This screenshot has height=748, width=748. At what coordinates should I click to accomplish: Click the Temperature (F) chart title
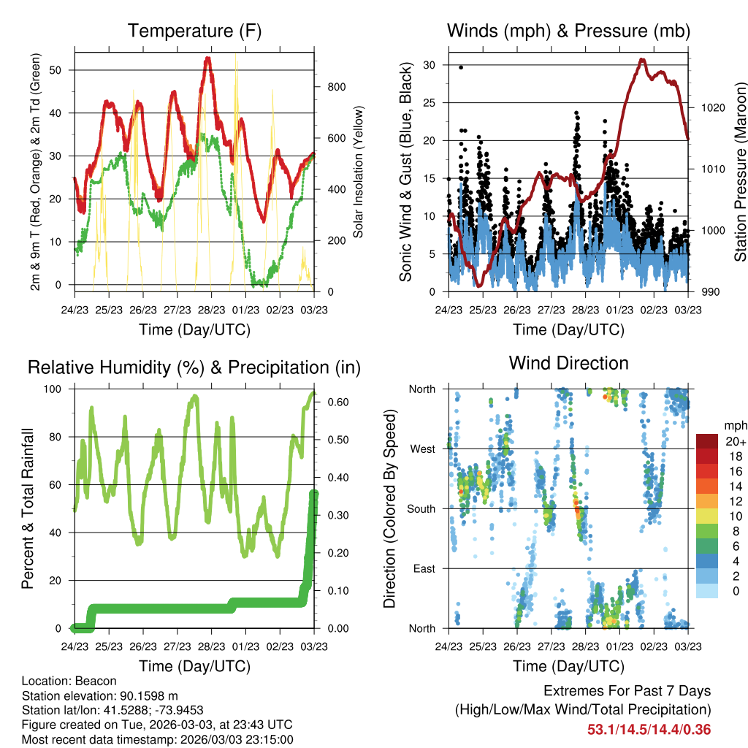pos(194,31)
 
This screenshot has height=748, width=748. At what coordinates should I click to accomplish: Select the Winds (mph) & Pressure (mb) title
pos(568,31)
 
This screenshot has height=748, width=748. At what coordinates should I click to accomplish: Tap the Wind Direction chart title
pos(568,363)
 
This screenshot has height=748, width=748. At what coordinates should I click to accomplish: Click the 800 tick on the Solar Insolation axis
pos(336,87)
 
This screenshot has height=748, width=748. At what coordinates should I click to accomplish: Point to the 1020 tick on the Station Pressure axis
pos(713,108)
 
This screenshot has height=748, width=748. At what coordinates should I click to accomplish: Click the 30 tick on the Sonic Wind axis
pos(429,65)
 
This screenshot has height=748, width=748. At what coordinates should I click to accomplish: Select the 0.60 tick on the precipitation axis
pos(338,402)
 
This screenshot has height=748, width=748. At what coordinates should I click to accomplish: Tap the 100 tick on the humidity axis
pos(53,389)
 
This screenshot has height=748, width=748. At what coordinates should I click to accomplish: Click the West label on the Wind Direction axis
pos(423,449)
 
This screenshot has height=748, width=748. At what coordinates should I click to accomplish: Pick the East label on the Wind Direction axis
pos(424,568)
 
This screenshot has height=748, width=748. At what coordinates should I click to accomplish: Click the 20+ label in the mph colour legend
pos(736,441)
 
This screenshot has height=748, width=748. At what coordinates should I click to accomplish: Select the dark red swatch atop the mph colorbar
pos(707,441)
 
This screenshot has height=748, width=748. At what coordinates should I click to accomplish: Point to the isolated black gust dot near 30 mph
pos(461,67)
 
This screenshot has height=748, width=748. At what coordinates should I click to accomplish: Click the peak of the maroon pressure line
pos(643,60)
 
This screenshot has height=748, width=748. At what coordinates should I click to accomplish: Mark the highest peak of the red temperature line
pos(207,58)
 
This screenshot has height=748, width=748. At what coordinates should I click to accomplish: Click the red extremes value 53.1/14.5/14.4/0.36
pos(649,730)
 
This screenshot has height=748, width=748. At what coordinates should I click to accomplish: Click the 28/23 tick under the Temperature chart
pos(211,310)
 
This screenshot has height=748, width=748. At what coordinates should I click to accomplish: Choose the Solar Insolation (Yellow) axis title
pos(358,172)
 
